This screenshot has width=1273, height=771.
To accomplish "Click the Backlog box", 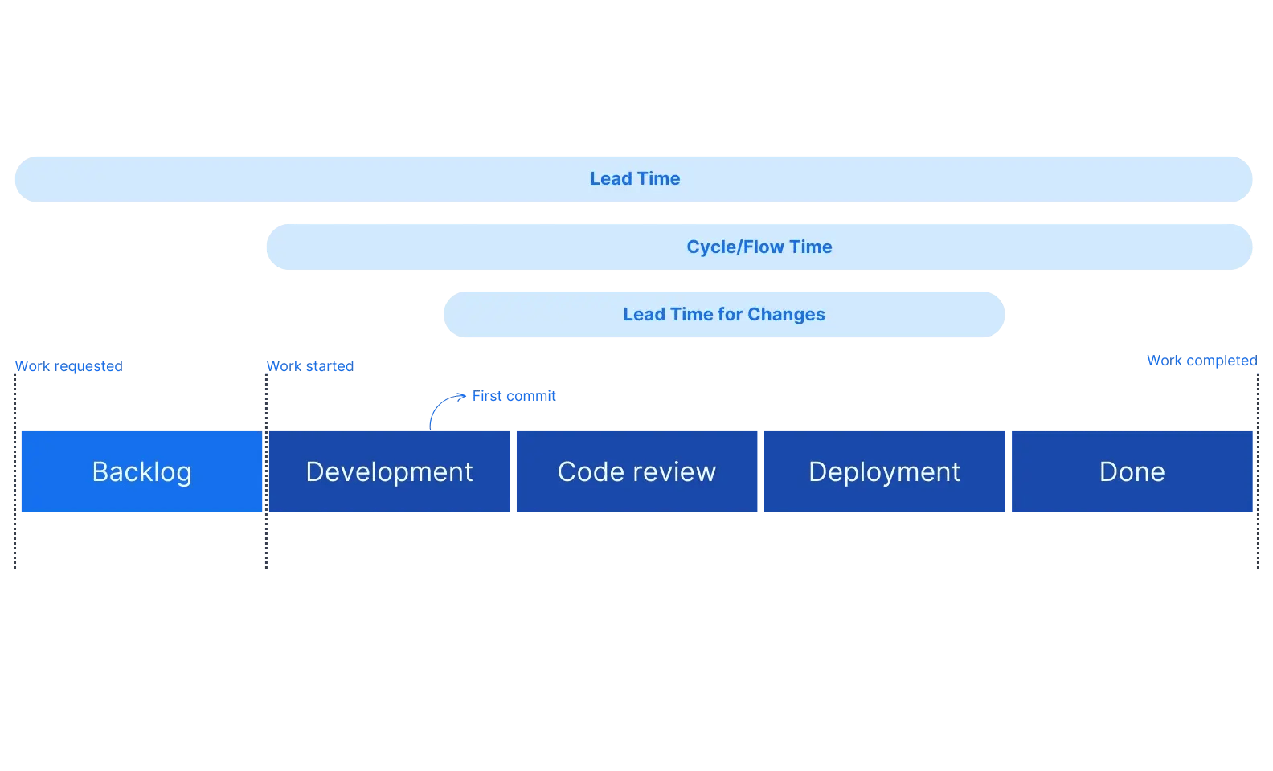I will [141, 471].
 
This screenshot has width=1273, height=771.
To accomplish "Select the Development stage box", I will [389, 471].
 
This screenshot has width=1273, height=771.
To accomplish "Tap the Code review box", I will [636, 471].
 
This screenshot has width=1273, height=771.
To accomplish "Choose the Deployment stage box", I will [884, 471].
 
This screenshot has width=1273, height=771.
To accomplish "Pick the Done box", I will [1132, 471].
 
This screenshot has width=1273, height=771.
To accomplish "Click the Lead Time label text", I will [635, 178].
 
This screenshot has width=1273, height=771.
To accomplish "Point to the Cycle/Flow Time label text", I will [759, 247].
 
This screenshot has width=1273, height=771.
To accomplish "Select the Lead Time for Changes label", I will [723, 314].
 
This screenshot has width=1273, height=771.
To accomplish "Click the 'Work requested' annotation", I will [69, 366].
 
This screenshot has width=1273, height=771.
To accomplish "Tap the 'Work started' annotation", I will [310, 366].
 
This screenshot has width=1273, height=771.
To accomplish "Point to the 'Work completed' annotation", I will [1201, 361].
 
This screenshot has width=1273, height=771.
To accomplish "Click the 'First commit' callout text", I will [514, 396].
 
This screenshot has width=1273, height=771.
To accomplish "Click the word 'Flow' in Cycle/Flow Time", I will [765, 247].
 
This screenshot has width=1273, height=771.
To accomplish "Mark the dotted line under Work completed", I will [1258, 482].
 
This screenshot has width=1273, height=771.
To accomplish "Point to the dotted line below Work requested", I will [15, 482].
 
